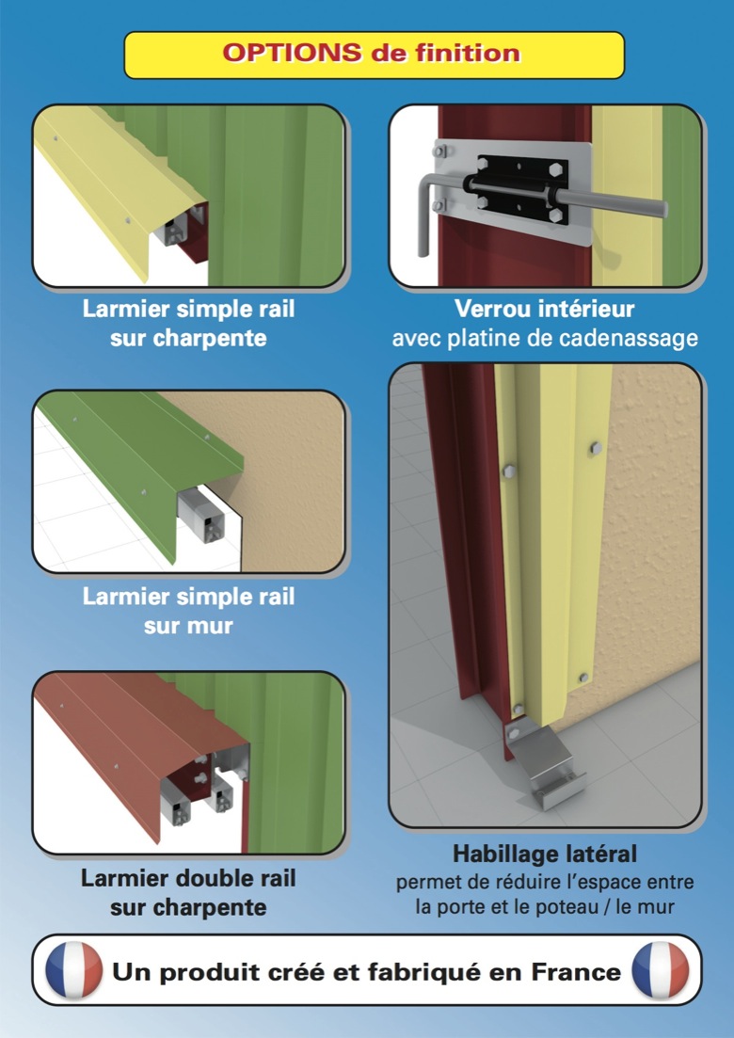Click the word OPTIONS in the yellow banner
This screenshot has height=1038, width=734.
tap(292, 53)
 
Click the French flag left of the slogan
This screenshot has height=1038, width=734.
tap(73, 970)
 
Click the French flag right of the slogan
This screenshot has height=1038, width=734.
tap(661, 970)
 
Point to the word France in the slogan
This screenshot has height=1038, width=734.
tap(577, 972)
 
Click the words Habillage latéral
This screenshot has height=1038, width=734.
tap(545, 854)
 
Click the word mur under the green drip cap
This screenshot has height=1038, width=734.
tap(211, 626)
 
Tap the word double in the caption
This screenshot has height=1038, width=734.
tap(212, 878)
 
